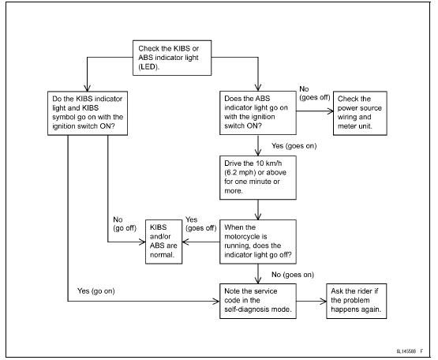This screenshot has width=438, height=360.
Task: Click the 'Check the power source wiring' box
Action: click(363, 114)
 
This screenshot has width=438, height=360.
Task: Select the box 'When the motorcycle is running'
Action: click(257, 239)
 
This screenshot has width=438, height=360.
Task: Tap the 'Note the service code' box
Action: click(257, 299)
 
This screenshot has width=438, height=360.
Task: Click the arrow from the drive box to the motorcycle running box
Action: click(257, 210)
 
